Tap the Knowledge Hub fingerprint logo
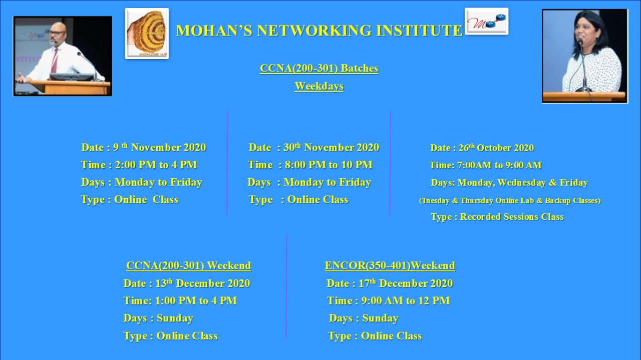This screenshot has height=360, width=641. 147,34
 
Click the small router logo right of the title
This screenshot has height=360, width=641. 486,21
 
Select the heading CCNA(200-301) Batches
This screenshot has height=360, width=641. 319,69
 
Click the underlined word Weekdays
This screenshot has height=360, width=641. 319,86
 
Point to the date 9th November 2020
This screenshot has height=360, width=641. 160,147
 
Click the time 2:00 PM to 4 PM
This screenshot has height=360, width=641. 156,165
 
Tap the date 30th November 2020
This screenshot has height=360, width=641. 332,147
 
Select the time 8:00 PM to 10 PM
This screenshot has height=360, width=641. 329,165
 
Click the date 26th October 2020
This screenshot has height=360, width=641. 496,148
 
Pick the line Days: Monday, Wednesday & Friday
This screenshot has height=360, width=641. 509,183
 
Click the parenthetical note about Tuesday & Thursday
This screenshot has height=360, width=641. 510,200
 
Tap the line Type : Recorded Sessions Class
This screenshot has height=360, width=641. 497,217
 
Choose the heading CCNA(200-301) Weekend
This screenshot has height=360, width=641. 189,265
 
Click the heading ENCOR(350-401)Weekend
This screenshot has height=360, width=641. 390,265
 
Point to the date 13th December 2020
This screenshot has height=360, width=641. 203,283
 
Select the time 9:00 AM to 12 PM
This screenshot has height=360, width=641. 406,301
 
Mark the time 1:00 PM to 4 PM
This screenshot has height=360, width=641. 196,301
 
